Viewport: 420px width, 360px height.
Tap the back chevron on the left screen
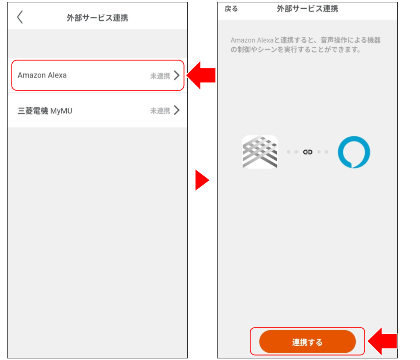tap(20, 17)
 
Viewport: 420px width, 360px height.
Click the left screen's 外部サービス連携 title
tap(98, 18)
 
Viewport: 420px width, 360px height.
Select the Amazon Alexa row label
tap(42, 75)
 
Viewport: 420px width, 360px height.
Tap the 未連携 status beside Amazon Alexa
tap(160, 76)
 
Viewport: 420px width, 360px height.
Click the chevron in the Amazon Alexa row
tap(177, 75)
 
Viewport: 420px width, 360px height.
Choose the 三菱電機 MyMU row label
tap(45, 111)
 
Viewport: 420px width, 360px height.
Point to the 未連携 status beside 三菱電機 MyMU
tap(160, 111)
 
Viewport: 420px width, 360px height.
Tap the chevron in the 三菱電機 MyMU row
tap(177, 110)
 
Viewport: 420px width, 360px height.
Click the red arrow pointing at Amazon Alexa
tap(201, 75)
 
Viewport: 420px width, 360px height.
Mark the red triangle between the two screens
tap(202, 180)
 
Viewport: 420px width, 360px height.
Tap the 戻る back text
tap(231, 9)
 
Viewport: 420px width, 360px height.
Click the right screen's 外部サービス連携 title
tap(308, 9)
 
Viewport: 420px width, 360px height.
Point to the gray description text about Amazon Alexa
tap(306, 45)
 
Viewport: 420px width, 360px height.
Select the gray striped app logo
tap(260, 152)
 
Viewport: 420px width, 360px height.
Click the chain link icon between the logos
tap(308, 152)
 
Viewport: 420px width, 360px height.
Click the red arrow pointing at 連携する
tap(382, 341)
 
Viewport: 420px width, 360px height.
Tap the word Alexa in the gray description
tap(265, 40)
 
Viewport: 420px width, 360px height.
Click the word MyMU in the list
tap(62, 111)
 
